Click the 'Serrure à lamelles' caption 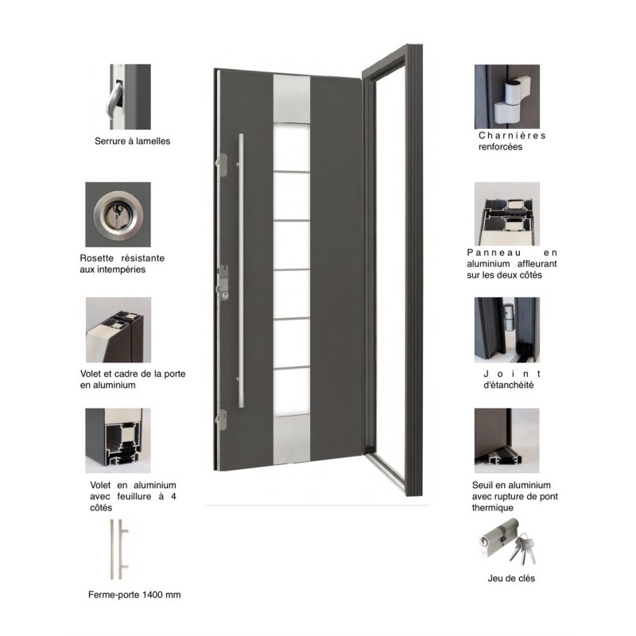coord(132,142)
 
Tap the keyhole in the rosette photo coord(118,213)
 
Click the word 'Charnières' coord(512,135)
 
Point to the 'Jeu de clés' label coord(511,579)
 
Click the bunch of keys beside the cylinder coord(523,549)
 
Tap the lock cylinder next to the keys coord(498,538)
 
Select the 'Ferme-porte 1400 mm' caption coord(134,595)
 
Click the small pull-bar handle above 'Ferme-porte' coord(118,549)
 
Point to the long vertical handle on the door coord(241,270)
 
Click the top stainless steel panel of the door coord(292,99)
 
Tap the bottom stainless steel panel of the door coord(292,439)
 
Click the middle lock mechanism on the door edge coord(223,282)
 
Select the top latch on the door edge coord(221,165)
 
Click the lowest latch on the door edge coord(221,420)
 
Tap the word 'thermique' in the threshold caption coord(492,507)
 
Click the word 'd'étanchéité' coord(508,385)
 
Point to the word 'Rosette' coord(96,258)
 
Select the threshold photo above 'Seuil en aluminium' coord(507,440)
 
